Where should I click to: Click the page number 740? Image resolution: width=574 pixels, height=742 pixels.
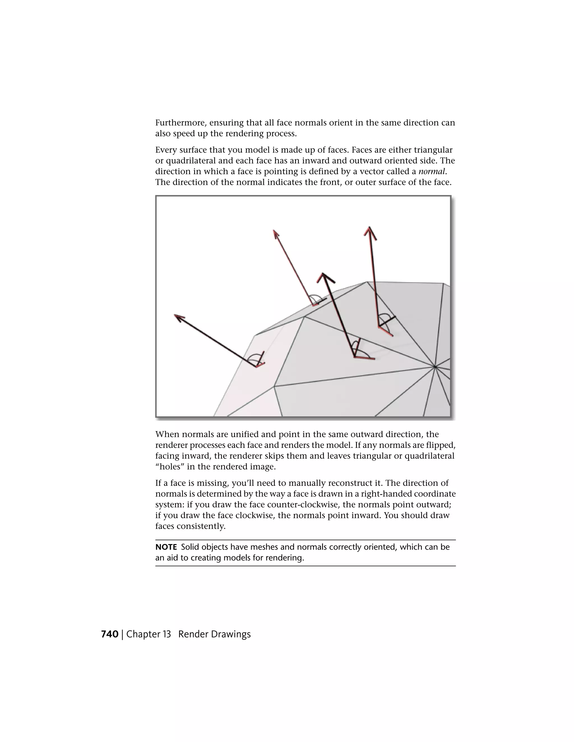click(110, 634)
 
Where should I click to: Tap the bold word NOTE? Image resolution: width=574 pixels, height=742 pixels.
click(166, 547)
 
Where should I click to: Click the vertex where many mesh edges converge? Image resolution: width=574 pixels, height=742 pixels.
click(435, 367)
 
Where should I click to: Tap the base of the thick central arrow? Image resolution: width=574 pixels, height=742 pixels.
click(354, 357)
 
